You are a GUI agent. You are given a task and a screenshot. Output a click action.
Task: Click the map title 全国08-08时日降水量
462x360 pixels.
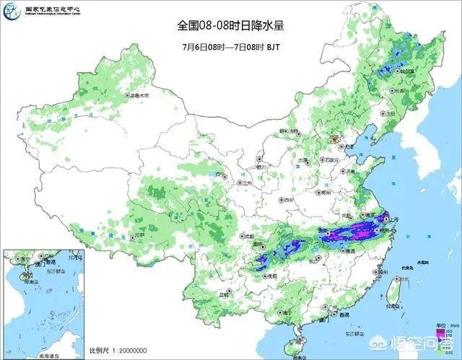pos(231,25)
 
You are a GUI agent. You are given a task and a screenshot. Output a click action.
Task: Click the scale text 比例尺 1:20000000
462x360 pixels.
pos(120,351)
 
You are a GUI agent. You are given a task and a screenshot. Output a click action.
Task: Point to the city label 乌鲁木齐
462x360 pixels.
pos(141,95)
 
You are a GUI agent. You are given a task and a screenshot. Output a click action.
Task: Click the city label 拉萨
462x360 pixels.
pos(140,234)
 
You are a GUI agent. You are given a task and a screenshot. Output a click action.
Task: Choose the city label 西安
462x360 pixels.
pos(289,199)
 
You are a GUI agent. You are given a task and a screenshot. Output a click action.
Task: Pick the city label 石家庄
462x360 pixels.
pos(331,160)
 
